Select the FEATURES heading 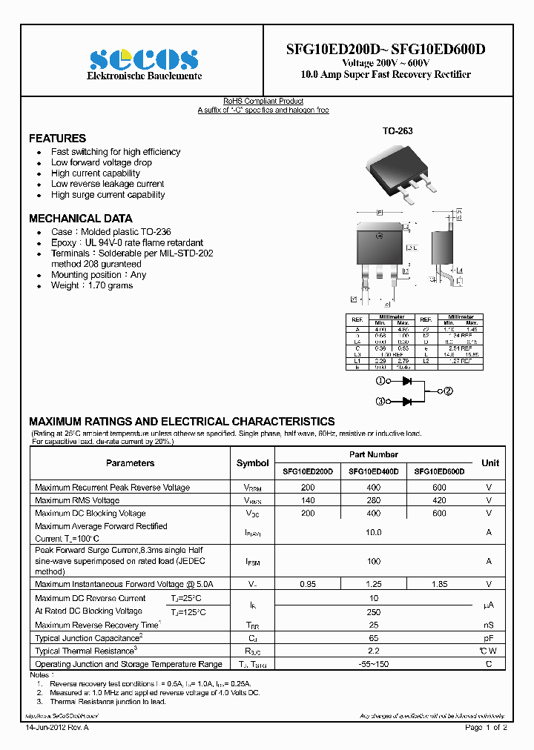pyautogui.click(x=57, y=139)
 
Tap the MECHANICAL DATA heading pyautogui.click(x=80, y=219)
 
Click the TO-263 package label pyautogui.click(x=398, y=131)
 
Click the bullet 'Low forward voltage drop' pyautogui.click(x=101, y=162)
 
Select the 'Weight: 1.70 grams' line pyautogui.click(x=91, y=285)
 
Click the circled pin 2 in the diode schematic pyautogui.click(x=448, y=391)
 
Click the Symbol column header pyautogui.click(x=252, y=463)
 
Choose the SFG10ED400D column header pyautogui.click(x=373, y=471)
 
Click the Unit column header pyautogui.click(x=489, y=463)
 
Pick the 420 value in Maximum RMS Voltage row pyautogui.click(x=439, y=500)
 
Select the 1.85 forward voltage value pyautogui.click(x=439, y=584)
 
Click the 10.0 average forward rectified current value pyautogui.click(x=373, y=532)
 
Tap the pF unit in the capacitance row pyautogui.click(x=489, y=638)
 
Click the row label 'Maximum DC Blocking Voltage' pyautogui.click(x=90, y=514)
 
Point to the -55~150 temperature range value pyautogui.click(x=373, y=664)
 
